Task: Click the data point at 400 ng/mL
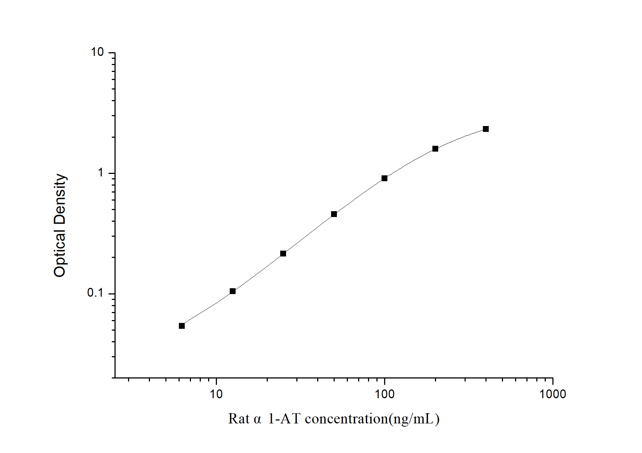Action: click(485, 129)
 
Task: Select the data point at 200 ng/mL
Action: click(435, 149)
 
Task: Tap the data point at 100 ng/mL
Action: click(384, 178)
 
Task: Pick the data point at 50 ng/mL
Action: click(334, 214)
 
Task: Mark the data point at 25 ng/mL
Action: click(283, 254)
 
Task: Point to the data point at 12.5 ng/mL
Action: click(232, 291)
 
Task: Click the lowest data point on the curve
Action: click(182, 326)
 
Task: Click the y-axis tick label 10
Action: click(97, 53)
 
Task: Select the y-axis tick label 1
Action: click(101, 173)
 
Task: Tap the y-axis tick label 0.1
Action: click(95, 293)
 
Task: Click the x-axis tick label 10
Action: click(216, 394)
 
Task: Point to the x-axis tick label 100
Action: click(384, 394)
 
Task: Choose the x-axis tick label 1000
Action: click(552, 394)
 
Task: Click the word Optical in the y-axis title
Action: click(59, 253)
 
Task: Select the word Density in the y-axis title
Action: click(59, 199)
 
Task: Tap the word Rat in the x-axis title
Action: click(239, 419)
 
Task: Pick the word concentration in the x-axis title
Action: click(346, 419)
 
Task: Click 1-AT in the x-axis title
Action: click(284, 419)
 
